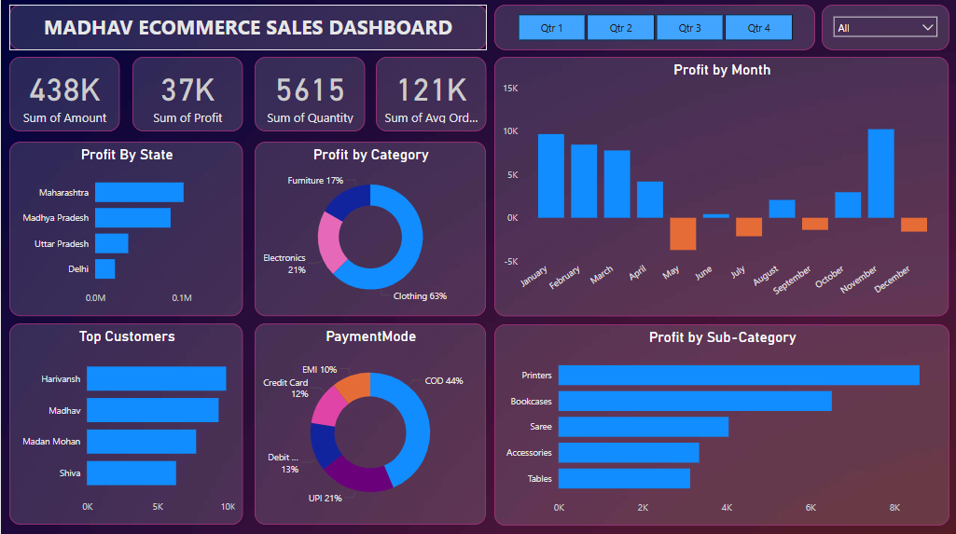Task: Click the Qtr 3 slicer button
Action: pyautogui.click(x=689, y=28)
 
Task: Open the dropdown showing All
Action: pyautogui.click(x=885, y=28)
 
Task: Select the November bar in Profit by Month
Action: pyautogui.click(x=880, y=173)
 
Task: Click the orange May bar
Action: pyautogui.click(x=683, y=234)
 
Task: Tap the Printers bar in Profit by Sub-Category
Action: pyautogui.click(x=739, y=375)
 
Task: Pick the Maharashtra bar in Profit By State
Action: pyautogui.click(x=139, y=192)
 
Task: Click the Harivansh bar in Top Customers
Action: pyautogui.click(x=157, y=378)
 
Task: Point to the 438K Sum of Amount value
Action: pyautogui.click(x=64, y=89)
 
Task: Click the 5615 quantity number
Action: pyautogui.click(x=310, y=89)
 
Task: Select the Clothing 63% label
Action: pyautogui.click(x=420, y=296)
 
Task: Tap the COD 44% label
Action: pyautogui.click(x=444, y=380)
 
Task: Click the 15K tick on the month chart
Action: pyautogui.click(x=510, y=88)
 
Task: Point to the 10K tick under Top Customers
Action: pyautogui.click(x=228, y=507)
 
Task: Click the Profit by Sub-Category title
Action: pyautogui.click(x=722, y=337)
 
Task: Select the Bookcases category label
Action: pyautogui.click(x=531, y=402)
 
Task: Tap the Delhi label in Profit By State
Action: pyautogui.click(x=78, y=269)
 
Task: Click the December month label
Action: pyautogui.click(x=893, y=278)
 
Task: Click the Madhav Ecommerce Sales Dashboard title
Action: pyautogui.click(x=248, y=28)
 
